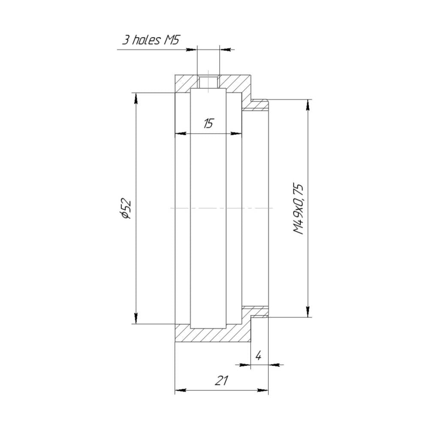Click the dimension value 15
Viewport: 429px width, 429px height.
click(208, 124)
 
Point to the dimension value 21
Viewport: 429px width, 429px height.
click(221, 381)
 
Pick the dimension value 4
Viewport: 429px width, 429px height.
click(259, 356)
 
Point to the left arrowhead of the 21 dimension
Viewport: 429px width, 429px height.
click(181, 390)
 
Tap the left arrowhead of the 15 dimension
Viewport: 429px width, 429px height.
click(181, 133)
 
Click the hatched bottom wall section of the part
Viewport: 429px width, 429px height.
click(212, 335)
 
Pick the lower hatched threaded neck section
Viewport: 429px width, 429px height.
click(257, 311)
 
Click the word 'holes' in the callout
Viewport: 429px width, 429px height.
click(146, 40)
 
